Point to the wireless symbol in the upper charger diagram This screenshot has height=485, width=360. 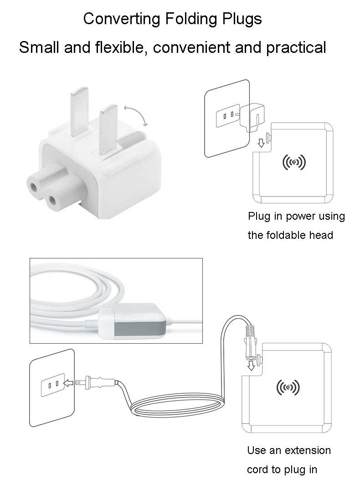tap(294, 162)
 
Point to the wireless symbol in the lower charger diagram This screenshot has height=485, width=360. tap(288, 387)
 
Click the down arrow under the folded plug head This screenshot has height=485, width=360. tap(261, 143)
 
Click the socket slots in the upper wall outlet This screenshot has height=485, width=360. tap(227, 114)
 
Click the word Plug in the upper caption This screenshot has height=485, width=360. tap(258, 216)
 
